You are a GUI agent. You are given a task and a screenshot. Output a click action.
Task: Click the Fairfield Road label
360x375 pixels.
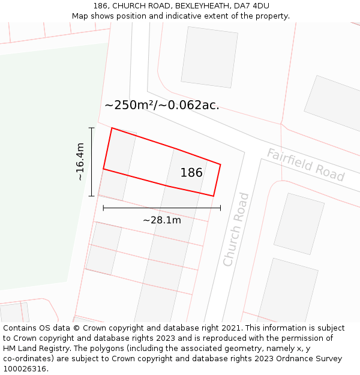305,164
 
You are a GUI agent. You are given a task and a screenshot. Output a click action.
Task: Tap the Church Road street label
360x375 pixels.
236,229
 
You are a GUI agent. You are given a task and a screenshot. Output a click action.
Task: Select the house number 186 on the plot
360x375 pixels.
191,173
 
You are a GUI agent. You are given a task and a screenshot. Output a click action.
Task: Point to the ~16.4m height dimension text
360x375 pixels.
80,161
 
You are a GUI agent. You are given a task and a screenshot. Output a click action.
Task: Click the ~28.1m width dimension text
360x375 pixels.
161,220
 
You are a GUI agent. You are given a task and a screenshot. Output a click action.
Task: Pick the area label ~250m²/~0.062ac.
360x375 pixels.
161,105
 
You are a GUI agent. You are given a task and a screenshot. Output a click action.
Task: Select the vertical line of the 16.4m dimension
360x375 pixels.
92,161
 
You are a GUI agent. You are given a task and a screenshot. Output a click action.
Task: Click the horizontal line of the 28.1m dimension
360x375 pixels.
161,208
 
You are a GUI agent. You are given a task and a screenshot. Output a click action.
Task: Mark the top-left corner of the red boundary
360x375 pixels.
112,128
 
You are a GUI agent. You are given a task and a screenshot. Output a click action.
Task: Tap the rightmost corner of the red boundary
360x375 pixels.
220,164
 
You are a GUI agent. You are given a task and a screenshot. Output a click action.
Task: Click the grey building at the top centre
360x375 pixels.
209,57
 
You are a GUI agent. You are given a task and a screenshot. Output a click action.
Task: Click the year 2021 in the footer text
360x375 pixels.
230,328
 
